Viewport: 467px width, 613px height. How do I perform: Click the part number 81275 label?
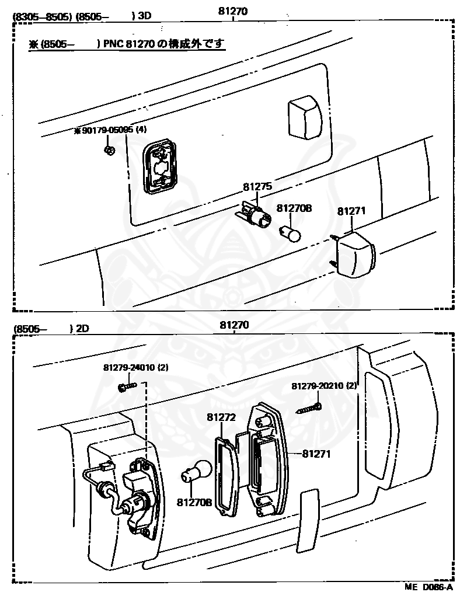click(257, 187)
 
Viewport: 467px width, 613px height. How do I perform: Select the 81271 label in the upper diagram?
click(351, 211)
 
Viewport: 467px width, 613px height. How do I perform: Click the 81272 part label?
click(221, 417)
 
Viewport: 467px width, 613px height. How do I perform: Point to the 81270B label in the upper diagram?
click(294, 208)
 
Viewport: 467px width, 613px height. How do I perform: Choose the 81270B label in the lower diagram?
click(194, 501)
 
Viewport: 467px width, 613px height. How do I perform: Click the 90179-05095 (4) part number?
click(110, 131)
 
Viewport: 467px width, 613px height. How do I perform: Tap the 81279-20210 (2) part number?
click(324, 386)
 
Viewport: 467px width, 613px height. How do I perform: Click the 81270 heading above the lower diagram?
click(234, 325)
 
